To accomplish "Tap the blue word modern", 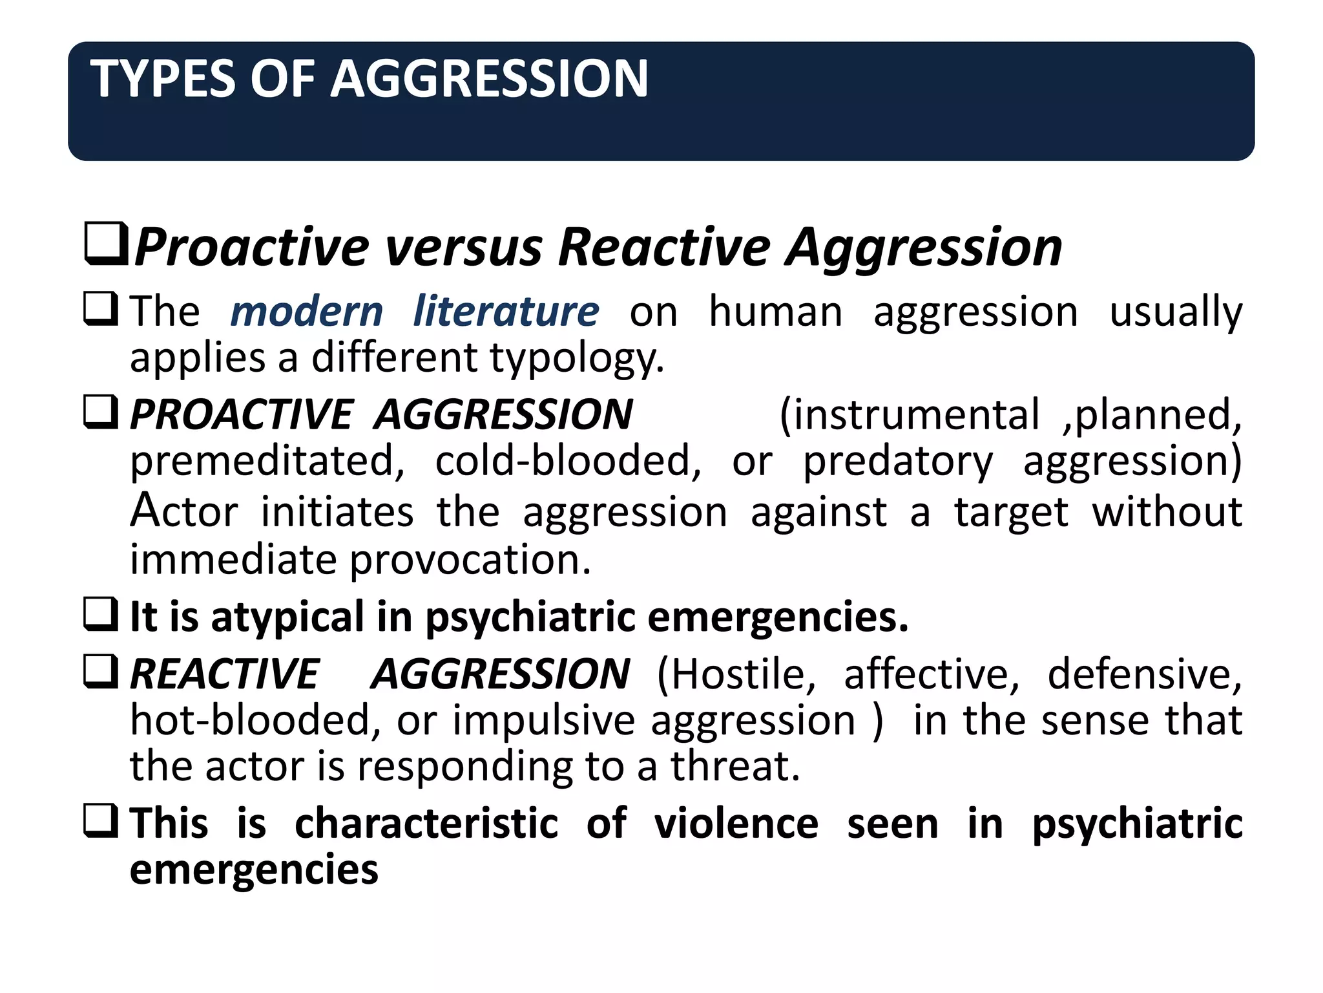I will point(307,312).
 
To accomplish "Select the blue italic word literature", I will point(506,311).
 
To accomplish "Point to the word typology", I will point(577,359).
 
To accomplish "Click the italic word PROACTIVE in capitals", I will point(242,414).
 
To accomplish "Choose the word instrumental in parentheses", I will point(910,414).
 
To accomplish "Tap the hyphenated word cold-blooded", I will point(568,460).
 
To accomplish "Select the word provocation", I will point(470,559).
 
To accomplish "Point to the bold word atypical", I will point(287,617).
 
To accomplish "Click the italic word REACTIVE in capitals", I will point(225,674).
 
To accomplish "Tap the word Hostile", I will point(736,674).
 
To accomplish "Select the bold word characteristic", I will point(426,824).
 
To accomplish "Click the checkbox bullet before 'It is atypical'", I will point(101,615).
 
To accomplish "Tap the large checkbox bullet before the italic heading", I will point(106,244).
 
